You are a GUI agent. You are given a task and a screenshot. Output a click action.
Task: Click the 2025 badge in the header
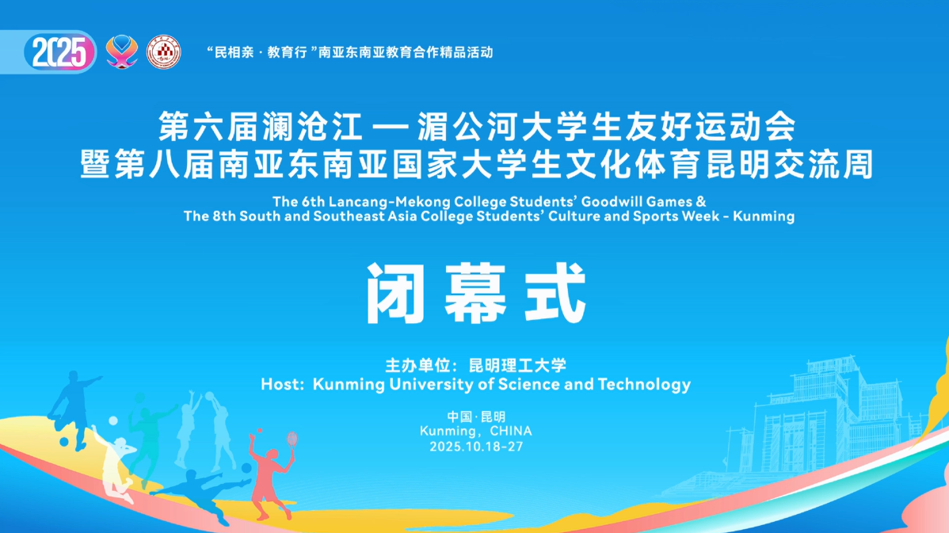(60, 52)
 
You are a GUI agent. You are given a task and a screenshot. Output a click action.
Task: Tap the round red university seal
(163, 52)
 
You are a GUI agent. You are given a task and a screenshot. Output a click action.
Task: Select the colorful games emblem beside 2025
(122, 52)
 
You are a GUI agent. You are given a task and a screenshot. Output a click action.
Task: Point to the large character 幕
(476, 293)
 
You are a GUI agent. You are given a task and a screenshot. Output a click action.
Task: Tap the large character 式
(555, 293)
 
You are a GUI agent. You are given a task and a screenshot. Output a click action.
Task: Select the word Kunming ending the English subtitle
(764, 216)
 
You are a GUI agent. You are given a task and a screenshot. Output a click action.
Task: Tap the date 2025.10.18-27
(476, 447)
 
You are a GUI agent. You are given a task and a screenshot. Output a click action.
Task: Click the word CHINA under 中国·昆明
(511, 431)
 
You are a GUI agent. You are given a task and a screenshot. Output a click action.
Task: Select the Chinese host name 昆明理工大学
(517, 365)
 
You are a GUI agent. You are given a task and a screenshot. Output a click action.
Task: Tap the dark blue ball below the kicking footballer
(63, 442)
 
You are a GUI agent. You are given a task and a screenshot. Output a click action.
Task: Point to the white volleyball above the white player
(113, 421)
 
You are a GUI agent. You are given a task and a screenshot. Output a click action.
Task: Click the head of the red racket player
(272, 455)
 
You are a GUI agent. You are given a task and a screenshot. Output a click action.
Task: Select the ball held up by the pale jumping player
(209, 397)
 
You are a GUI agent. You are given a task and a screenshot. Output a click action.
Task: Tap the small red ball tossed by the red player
(260, 431)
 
